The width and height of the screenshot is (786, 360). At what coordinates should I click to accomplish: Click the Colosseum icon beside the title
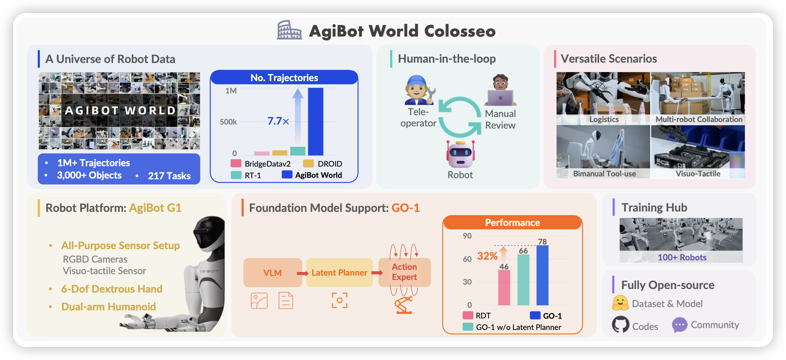coord(289,30)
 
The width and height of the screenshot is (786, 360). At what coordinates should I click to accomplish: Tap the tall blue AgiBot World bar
coord(315,122)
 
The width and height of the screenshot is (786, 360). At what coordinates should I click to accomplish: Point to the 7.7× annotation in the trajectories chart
coord(278,121)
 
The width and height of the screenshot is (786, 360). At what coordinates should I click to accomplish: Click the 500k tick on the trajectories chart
coord(228,122)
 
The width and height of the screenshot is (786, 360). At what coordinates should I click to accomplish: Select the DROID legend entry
coord(323,164)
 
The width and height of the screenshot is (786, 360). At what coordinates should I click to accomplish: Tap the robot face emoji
coord(460,154)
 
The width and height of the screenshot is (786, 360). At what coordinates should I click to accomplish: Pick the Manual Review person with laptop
coord(501,90)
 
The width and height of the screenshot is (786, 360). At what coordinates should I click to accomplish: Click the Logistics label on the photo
coord(604,120)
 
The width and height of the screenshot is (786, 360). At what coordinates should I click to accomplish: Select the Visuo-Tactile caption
coord(698,174)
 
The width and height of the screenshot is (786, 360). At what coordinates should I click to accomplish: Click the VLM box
coord(273,273)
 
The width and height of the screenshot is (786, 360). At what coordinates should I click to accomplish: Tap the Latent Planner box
coord(339,273)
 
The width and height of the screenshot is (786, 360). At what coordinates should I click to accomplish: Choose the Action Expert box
coord(405,272)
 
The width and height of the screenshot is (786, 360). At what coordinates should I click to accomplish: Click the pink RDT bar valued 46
coord(504,288)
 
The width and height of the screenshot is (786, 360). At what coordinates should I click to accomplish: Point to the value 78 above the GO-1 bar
coord(542,242)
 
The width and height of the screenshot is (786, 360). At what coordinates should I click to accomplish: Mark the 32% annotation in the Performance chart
coord(487,256)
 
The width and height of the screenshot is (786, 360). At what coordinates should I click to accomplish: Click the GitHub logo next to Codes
coord(621,325)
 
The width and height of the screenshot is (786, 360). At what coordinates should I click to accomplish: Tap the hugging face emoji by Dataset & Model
coord(620,303)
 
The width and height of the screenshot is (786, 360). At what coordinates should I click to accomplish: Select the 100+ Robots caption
coord(682,258)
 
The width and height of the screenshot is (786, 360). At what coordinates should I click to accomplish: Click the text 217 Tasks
coord(169,176)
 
